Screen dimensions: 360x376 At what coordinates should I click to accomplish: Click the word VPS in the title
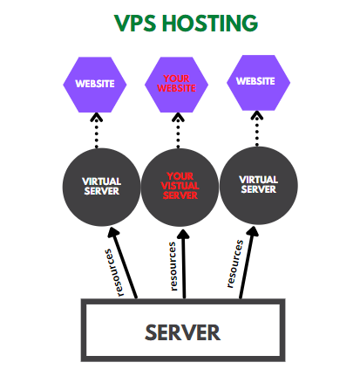tap(135, 23)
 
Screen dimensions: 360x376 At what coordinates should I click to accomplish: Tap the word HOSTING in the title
tap(210, 23)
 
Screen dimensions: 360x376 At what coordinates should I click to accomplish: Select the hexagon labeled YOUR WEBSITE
tap(176, 85)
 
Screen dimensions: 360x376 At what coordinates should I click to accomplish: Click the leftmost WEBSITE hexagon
tap(95, 85)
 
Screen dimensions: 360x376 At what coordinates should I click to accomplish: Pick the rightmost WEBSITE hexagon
tap(258, 83)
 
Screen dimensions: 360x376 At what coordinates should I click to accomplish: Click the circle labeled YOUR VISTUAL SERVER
tap(180, 188)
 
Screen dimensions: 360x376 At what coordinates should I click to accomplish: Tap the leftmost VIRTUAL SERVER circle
tap(101, 187)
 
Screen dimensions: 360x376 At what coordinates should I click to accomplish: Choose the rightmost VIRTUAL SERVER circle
tap(259, 186)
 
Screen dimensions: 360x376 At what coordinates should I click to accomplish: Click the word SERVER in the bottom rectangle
tap(182, 332)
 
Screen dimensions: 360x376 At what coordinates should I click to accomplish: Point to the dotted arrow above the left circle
tap(96, 130)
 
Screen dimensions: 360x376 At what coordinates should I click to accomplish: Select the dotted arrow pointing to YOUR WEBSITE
tap(178, 130)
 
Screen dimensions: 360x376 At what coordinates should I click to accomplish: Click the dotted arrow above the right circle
tap(257, 128)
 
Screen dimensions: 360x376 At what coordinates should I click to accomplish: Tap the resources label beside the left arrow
tap(114, 273)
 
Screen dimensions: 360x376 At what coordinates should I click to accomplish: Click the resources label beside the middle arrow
tap(173, 266)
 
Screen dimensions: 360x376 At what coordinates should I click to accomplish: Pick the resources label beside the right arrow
tap(234, 263)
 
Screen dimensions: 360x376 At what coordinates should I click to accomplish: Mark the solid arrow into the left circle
tap(122, 263)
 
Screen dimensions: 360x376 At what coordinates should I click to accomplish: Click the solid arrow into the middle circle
tap(184, 264)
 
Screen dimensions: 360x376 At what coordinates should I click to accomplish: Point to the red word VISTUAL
tap(180, 186)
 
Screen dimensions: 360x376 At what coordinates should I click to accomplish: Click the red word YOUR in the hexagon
tap(176, 79)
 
